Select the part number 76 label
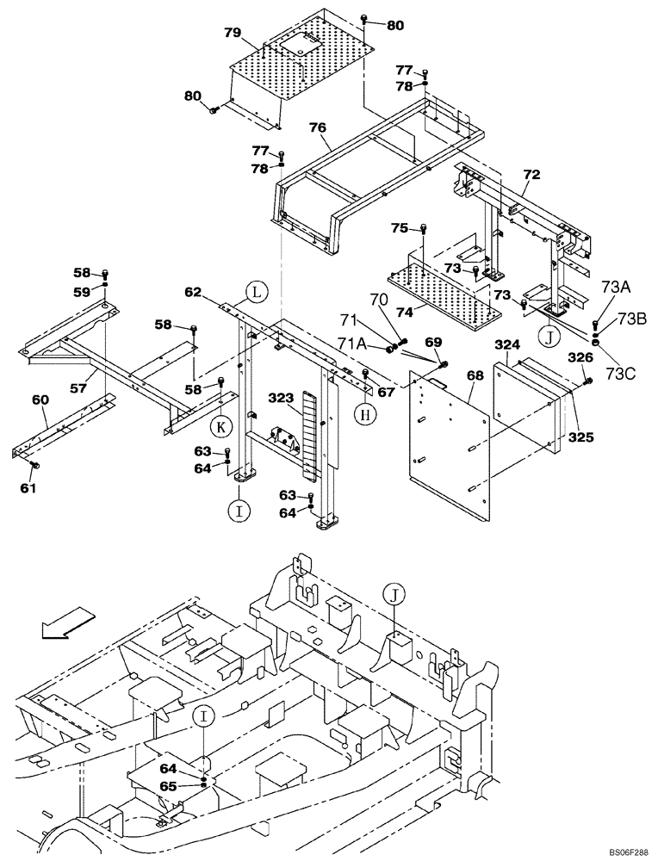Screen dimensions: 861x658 318,127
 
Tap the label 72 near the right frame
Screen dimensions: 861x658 531,175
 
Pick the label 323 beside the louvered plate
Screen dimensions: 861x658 281,399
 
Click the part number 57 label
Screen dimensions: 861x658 79,388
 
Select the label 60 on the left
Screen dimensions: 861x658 40,400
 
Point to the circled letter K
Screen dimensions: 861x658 220,424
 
